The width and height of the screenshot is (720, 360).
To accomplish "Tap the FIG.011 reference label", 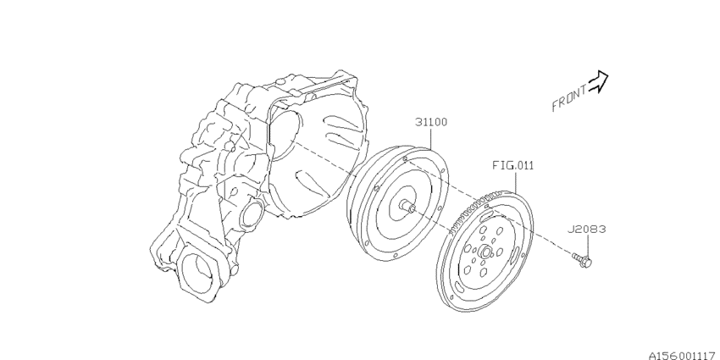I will pos(513,166).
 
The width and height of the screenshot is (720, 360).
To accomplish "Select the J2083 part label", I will pos(587,229).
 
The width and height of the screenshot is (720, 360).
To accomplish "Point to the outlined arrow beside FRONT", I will pos(599,80).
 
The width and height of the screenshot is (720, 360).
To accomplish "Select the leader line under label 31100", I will pos(432,140).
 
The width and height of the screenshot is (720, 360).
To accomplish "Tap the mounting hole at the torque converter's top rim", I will pos(407,158).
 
